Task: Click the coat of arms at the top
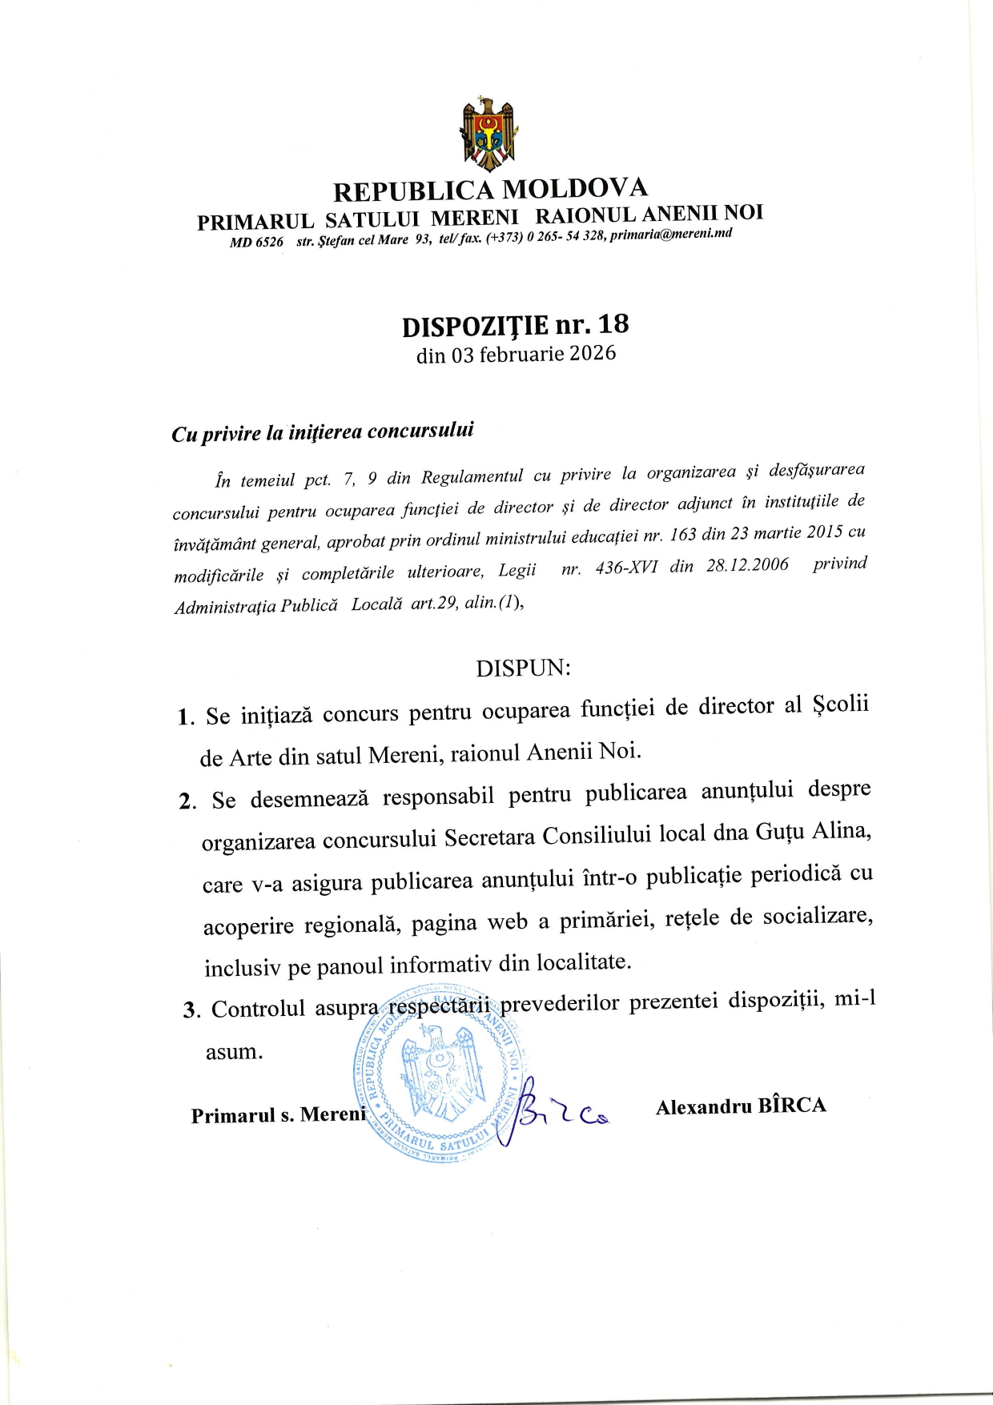point(488,134)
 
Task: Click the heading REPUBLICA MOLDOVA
point(490,190)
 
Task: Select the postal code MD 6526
point(256,243)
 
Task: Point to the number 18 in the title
point(613,324)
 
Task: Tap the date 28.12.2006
point(747,565)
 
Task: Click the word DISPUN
point(523,668)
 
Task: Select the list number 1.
point(185,717)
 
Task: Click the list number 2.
point(187,801)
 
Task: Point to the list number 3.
point(191,1010)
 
